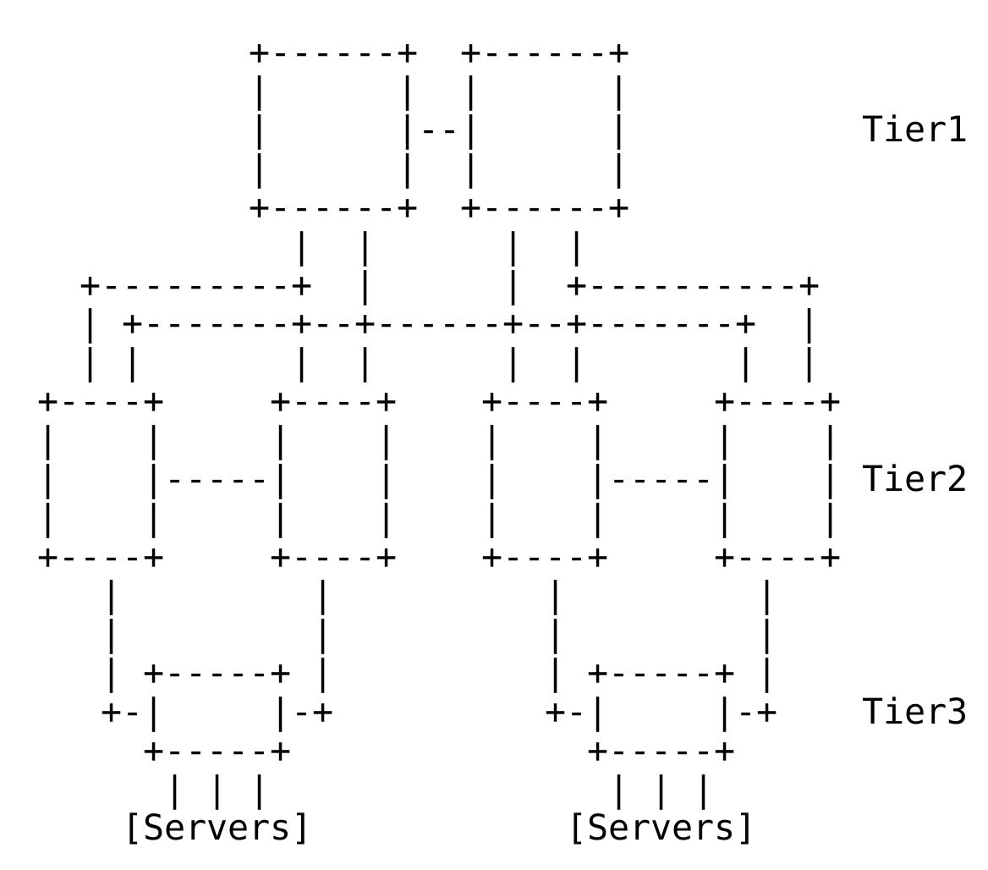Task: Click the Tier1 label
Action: [x=914, y=129]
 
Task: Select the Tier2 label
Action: [x=914, y=479]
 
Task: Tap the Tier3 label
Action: [x=914, y=712]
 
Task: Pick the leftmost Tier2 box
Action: [x=100, y=480]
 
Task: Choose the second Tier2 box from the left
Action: [x=333, y=480]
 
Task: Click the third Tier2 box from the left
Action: [x=545, y=480]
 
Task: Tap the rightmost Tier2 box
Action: [x=777, y=480]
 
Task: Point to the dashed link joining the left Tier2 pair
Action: [x=217, y=481]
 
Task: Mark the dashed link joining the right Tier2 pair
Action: [x=661, y=481]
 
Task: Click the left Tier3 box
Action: [x=217, y=713]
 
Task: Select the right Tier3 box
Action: [x=661, y=713]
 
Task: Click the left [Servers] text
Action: [x=217, y=827]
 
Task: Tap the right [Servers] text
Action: [x=661, y=827]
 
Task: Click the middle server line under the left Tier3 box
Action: [x=217, y=792]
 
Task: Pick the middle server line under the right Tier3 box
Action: [x=661, y=792]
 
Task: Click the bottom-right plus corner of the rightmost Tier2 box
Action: [x=831, y=558]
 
